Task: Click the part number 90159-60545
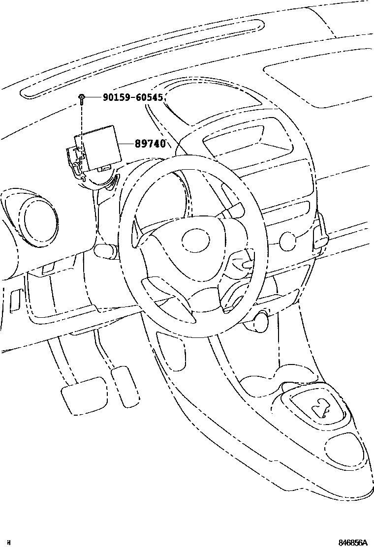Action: click(x=133, y=97)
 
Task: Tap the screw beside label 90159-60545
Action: click(x=81, y=98)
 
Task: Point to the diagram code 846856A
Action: click(x=352, y=543)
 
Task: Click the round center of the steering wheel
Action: click(x=196, y=239)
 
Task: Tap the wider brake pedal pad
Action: click(x=84, y=394)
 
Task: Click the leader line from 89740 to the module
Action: click(x=127, y=144)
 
